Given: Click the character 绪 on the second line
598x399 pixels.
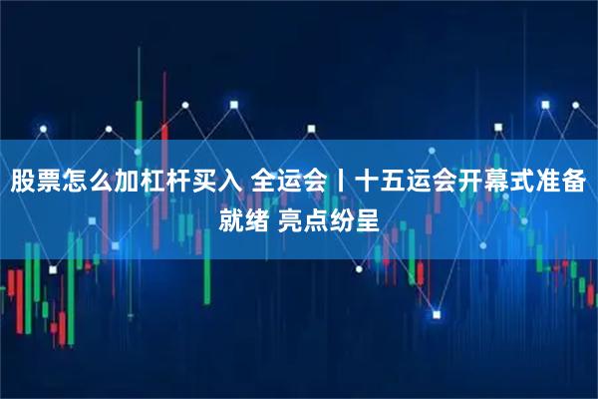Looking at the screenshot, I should pos(258,218).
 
